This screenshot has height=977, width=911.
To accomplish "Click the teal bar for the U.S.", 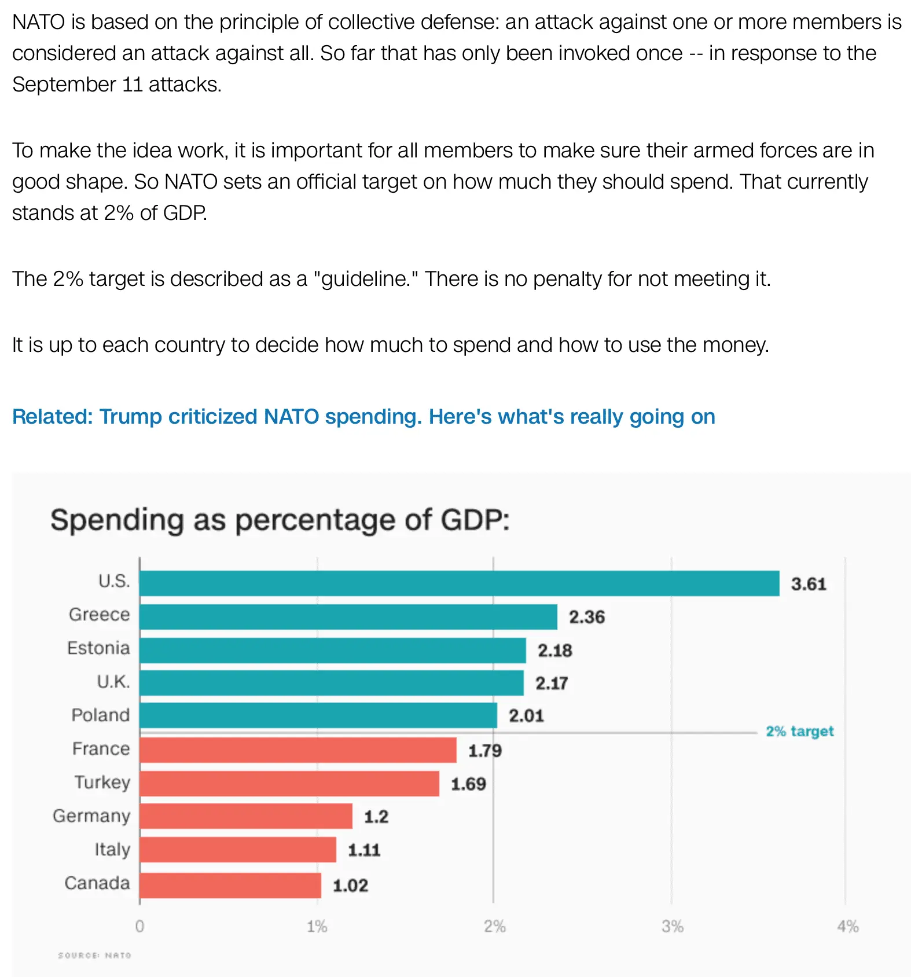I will point(459,583).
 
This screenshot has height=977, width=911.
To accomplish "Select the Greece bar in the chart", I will point(348,616).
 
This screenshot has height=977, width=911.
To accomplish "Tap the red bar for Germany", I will point(245,816).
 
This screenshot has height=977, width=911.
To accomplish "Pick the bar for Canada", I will point(230,885).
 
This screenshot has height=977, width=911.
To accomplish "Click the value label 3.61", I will point(809,584).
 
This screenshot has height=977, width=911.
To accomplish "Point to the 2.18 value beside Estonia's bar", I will point(554,651).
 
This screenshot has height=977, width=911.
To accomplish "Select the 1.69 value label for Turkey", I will point(468,784).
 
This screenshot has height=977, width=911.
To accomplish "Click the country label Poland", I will point(100,715).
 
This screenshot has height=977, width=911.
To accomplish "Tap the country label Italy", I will point(112,850).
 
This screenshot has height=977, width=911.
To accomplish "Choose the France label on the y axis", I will point(101,749).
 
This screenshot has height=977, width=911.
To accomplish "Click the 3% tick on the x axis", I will point(673,927).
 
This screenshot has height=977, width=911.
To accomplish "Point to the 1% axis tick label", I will point(317,927).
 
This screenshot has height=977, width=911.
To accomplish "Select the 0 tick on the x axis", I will point(139,927).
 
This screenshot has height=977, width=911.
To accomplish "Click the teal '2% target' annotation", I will point(799,732).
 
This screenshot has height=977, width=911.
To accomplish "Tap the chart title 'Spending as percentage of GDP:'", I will point(280,520).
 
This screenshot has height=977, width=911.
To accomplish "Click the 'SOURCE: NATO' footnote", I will point(94,955).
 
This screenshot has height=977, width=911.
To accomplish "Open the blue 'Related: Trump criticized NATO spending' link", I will point(363,417).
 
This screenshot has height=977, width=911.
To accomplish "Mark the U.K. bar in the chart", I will point(331,683).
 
